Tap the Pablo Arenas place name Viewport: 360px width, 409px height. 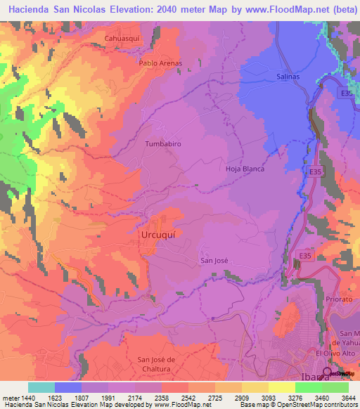[160, 63]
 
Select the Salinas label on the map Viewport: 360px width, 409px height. [288, 77]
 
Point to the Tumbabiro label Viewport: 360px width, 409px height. [162, 143]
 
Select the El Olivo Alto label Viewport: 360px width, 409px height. [336, 353]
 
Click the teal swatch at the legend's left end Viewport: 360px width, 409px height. [41, 387]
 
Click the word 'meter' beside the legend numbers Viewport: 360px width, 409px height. [10, 397]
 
